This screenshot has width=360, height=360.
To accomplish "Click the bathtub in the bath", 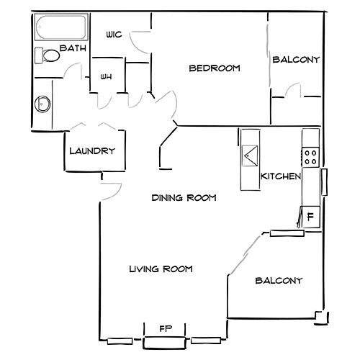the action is pyautogui.click(x=61, y=27).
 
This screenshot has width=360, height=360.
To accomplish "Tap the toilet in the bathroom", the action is pyautogui.click(x=48, y=55).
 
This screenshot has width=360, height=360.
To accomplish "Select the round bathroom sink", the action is pyautogui.click(x=42, y=104).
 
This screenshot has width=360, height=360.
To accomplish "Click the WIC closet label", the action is pyautogui.click(x=114, y=35).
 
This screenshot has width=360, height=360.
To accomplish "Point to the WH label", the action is pyautogui.click(x=106, y=77).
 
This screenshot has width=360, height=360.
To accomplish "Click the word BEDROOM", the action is pyautogui.click(x=215, y=68).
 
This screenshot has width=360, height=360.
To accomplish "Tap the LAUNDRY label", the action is pyautogui.click(x=92, y=151).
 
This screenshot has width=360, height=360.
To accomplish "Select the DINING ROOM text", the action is pyautogui.click(x=184, y=198).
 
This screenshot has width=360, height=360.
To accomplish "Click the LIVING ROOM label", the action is pyautogui.click(x=161, y=269).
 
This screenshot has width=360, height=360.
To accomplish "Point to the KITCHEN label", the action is pyautogui.click(x=281, y=176).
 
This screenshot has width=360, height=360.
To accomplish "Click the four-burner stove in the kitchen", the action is pyautogui.click(x=310, y=157).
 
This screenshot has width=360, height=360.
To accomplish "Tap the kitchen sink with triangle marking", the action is pyautogui.click(x=250, y=156).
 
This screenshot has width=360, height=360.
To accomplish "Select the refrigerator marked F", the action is pyautogui.click(x=310, y=217).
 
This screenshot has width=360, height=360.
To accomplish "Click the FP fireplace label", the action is pyautogui.click(x=166, y=328).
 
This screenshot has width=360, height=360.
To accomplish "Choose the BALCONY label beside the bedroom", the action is pyautogui.click(x=296, y=60).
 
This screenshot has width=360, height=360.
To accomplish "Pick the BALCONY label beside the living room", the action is pyautogui.click(x=279, y=281).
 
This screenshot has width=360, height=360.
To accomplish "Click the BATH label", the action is pyautogui.click(x=73, y=48).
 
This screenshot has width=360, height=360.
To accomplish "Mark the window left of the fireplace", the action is pyautogui.click(x=120, y=341).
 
